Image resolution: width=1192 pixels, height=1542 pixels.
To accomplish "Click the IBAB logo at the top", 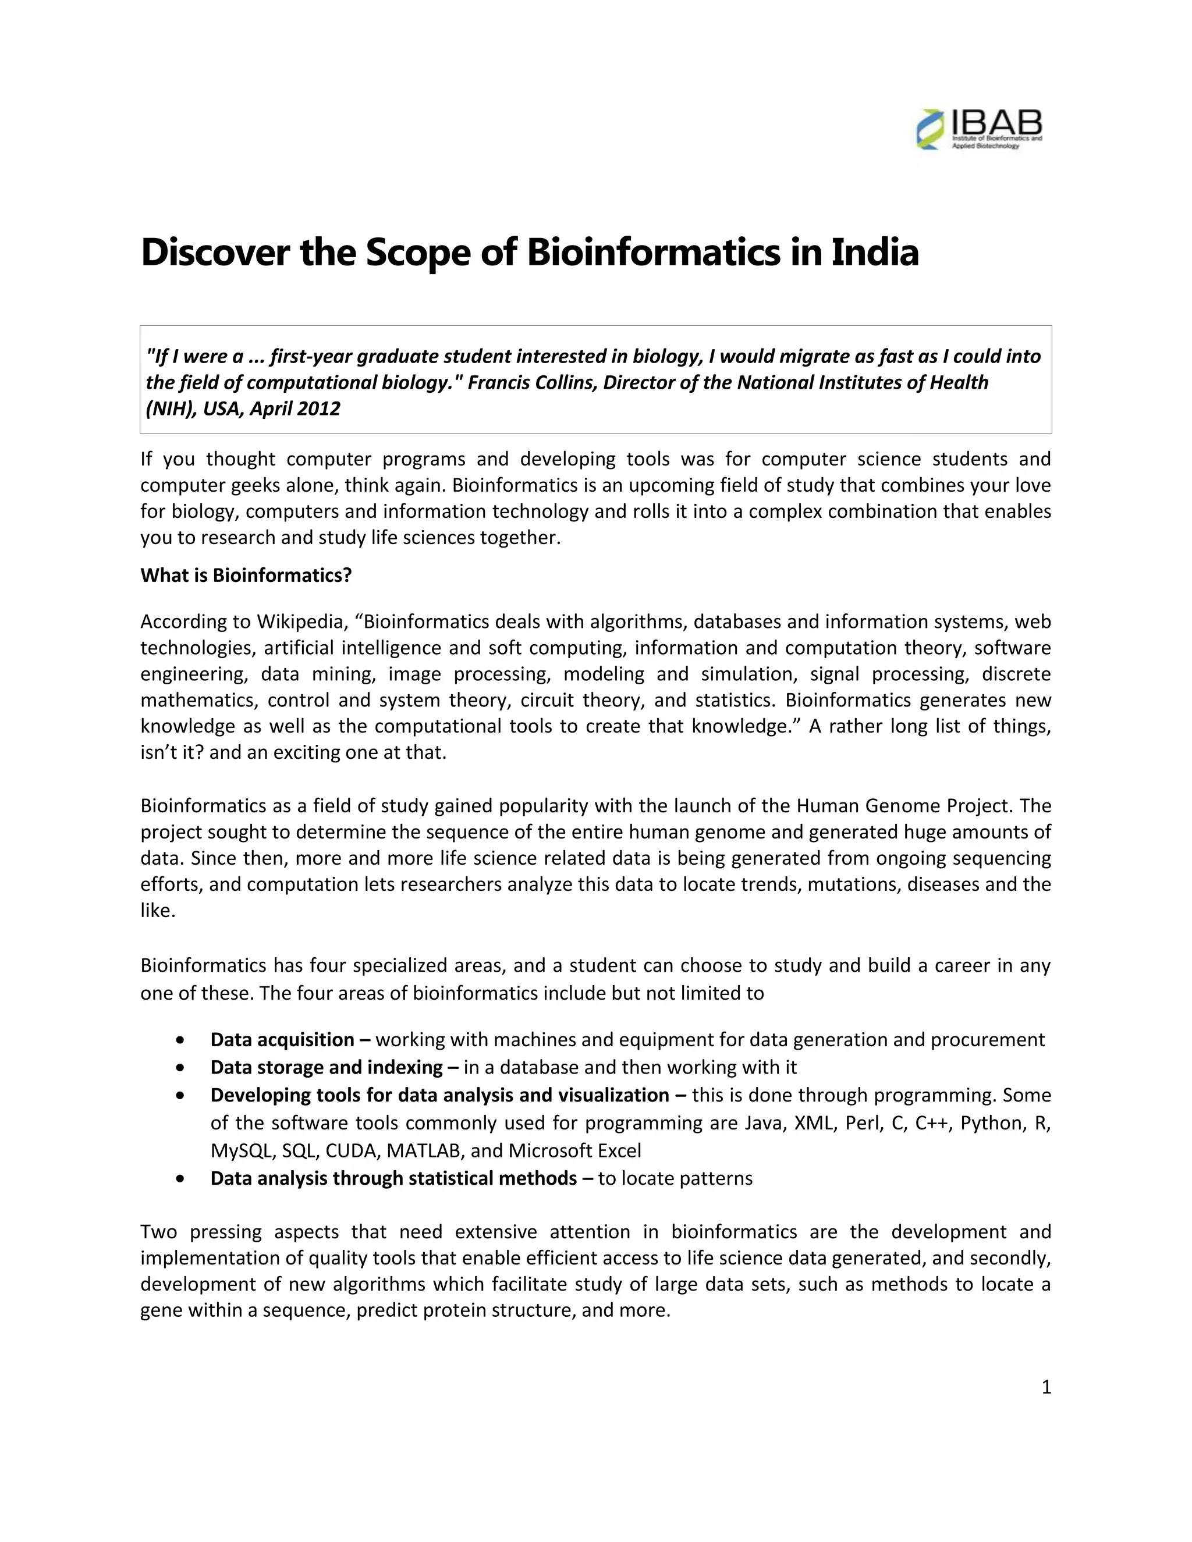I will (979, 129).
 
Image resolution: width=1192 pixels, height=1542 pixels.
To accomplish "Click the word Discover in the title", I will (215, 253).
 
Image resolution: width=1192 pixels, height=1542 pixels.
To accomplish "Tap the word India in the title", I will (875, 253).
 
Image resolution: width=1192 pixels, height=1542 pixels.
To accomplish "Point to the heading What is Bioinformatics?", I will (246, 575).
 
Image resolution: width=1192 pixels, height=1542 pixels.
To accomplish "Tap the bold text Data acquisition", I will (282, 1039).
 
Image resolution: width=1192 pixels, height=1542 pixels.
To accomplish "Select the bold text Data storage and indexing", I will (327, 1067).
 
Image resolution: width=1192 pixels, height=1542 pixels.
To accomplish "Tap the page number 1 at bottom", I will (1046, 1387).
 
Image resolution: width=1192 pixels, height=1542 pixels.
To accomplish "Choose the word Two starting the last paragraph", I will (159, 1231).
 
